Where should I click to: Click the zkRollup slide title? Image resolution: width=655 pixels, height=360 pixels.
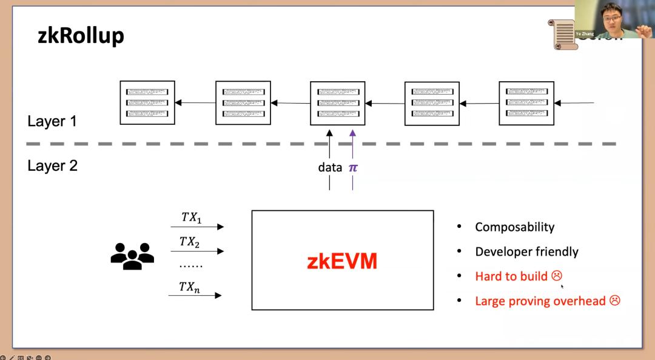(81, 36)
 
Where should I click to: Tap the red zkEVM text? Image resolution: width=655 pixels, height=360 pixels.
(342, 261)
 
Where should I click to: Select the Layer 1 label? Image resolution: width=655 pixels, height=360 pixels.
(52, 121)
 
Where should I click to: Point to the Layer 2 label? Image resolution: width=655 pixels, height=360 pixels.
(52, 165)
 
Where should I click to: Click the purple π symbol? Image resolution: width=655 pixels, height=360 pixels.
(353, 167)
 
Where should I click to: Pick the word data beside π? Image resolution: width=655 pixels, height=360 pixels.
(330, 167)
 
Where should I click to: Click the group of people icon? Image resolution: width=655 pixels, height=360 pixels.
(132, 256)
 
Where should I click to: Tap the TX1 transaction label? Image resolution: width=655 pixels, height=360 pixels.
(192, 217)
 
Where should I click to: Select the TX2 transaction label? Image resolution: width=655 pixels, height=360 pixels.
(190, 242)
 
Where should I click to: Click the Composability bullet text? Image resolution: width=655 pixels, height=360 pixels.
(514, 227)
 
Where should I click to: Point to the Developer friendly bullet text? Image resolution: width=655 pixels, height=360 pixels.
(526, 252)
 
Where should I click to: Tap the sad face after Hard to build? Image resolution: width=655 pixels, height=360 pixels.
(557, 276)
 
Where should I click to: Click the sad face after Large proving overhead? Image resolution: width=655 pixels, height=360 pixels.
(614, 301)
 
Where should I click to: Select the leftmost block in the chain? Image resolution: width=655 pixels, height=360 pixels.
(147, 102)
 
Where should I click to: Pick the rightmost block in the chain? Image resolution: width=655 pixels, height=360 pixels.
(526, 102)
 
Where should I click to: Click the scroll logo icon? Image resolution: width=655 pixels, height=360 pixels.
(565, 33)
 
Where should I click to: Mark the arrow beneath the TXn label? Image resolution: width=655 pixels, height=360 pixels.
(195, 295)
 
